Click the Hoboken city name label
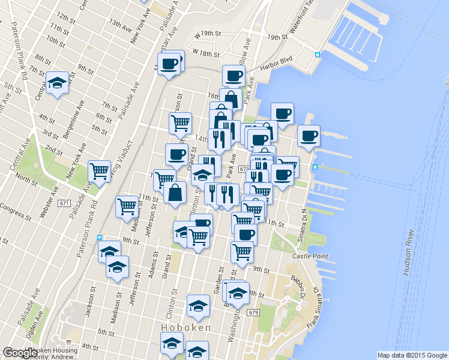tap(186, 328)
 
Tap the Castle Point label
tap(310, 256)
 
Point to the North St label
tap(26, 178)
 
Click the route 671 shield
tap(64, 204)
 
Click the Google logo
tap(20, 353)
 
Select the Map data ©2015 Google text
tap(411, 355)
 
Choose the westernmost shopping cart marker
tap(99, 171)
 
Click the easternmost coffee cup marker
tap(309, 136)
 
